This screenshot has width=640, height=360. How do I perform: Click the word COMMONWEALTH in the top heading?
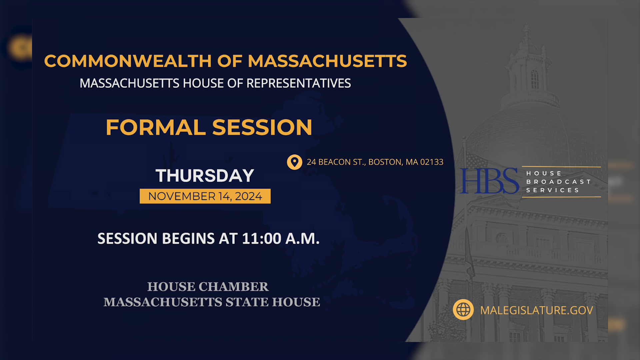[128, 61]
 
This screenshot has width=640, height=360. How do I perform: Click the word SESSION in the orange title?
[262, 128]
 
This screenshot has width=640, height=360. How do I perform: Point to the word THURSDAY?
[205, 176]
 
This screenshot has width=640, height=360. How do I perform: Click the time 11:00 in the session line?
[262, 239]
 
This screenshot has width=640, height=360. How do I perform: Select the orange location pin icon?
[294, 162]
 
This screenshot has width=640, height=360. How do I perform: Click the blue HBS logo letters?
[489, 181]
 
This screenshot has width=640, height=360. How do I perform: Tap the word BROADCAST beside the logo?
[558, 182]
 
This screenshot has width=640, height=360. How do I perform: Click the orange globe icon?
[463, 310]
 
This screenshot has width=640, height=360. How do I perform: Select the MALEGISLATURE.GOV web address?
[536, 310]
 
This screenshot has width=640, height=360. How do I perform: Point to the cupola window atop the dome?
[535, 79]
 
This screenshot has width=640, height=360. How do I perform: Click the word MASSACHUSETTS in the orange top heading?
[327, 61]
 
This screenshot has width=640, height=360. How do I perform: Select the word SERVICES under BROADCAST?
[553, 190]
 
